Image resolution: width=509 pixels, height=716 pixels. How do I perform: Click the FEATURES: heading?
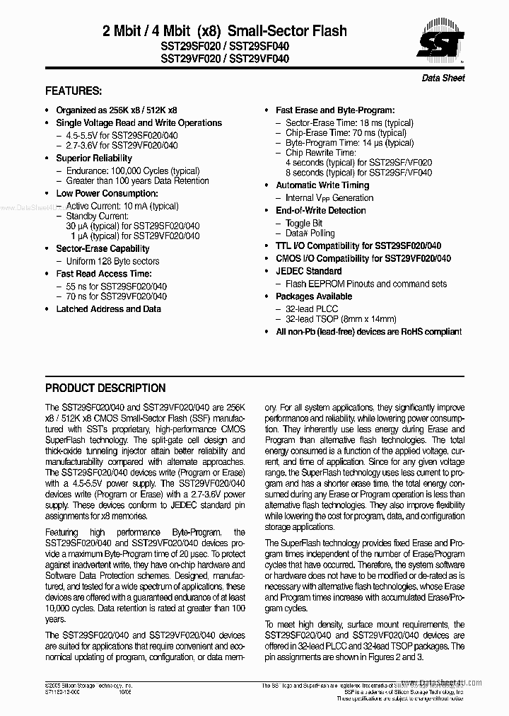point(74,91)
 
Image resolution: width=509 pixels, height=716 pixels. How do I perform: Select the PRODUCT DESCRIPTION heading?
point(105,388)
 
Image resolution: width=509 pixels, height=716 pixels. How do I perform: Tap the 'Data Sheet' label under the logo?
point(443,78)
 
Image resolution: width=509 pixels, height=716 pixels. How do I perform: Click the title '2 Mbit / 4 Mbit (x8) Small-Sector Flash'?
point(225,30)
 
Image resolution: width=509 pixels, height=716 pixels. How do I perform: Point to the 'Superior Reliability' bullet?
point(94,158)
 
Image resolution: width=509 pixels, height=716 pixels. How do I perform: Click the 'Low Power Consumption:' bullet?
point(106,193)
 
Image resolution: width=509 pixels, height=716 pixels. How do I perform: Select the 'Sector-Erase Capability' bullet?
point(103,248)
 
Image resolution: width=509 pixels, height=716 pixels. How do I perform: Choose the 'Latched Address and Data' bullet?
point(108,308)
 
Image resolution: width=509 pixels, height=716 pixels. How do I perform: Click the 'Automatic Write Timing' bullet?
point(322,185)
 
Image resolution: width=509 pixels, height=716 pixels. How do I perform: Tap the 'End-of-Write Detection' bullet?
point(321,210)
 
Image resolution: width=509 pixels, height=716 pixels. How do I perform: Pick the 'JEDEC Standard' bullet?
point(308,271)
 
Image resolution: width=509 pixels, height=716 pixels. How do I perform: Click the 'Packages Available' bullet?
point(314,296)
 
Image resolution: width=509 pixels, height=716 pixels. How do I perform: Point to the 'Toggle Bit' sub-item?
point(304,223)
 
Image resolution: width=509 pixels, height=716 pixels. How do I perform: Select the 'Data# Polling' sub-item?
point(310,233)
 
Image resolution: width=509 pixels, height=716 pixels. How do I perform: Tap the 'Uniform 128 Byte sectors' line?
point(112,261)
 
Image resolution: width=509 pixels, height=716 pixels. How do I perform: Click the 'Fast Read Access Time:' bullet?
point(103,273)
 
